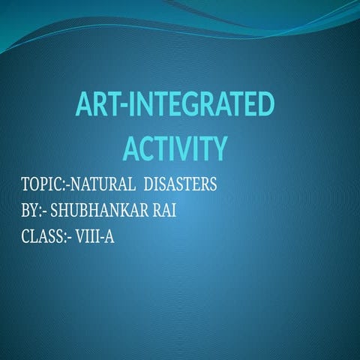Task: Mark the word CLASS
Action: (x=43, y=238)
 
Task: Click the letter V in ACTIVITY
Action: (x=179, y=148)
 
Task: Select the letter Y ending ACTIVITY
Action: (x=217, y=148)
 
